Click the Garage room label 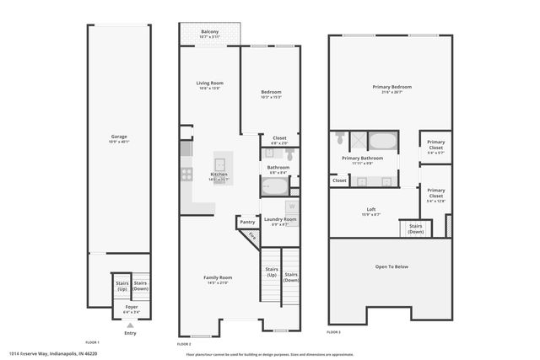[x=119, y=138]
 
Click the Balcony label [x=210, y=34]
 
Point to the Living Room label [x=209, y=84]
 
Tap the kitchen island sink [x=221, y=163]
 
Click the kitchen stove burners [x=186, y=175]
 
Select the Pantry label [x=247, y=222]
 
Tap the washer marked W [x=292, y=205]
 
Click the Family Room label [x=218, y=279]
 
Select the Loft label [x=370, y=211]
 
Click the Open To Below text [x=391, y=267]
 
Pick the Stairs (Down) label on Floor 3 [x=416, y=228]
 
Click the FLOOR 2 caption [x=184, y=344]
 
